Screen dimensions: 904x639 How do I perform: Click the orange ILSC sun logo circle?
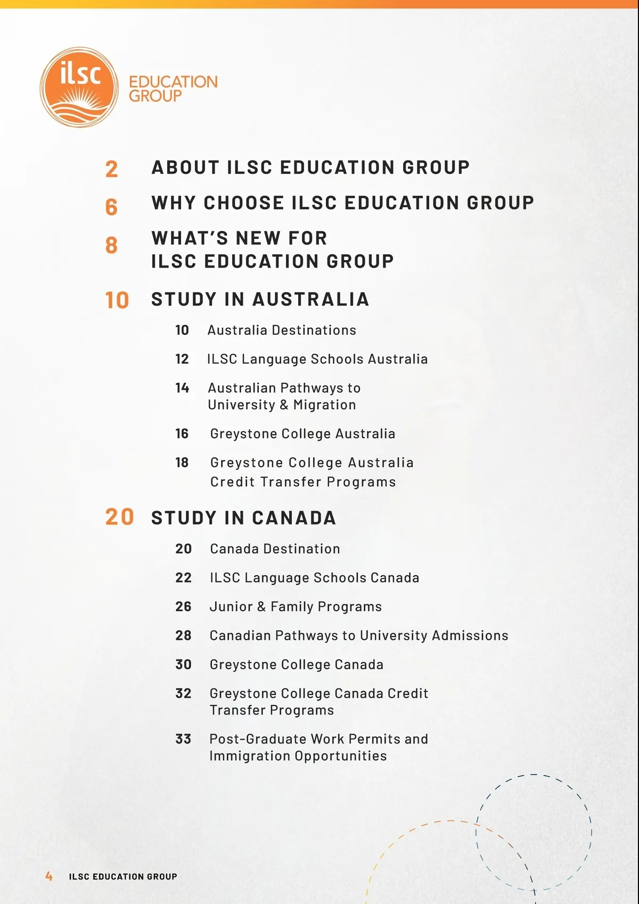coord(79,87)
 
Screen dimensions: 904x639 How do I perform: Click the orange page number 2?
coord(111,169)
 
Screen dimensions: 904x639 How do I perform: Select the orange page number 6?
coord(111,207)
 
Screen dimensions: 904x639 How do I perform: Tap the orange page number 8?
coord(111,245)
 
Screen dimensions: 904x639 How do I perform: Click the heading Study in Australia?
coord(260,300)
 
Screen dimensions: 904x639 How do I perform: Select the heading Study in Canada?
coord(243,518)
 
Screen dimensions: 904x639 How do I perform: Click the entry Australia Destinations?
coord(282,330)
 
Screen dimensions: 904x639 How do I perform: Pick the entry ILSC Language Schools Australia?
coord(317,359)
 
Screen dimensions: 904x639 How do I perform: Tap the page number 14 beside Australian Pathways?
coord(182,388)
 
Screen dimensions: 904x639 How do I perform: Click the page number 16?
coord(182,434)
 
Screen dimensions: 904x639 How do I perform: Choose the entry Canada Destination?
coord(275,549)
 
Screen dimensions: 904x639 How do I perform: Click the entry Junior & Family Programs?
coord(296,607)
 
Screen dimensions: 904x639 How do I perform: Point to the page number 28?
coord(183,635)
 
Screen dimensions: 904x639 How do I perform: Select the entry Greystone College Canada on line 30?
coord(296,665)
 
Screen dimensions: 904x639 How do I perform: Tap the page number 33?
coord(183,739)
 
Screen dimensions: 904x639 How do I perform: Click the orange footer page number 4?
coord(49,876)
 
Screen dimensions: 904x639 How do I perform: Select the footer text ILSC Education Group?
coord(123,877)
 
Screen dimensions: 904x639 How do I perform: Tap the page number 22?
coord(183,578)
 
